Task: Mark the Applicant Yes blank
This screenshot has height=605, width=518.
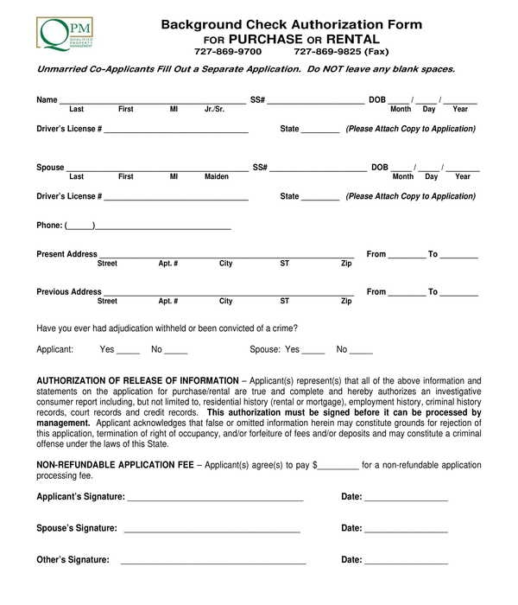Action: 128,352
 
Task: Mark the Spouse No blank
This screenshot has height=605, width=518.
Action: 361,352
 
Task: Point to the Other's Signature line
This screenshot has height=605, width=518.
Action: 213,563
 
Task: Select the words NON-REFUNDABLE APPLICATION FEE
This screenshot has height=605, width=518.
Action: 115,465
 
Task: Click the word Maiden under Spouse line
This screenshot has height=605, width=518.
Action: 217,177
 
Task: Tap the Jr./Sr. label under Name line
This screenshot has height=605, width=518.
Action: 214,110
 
